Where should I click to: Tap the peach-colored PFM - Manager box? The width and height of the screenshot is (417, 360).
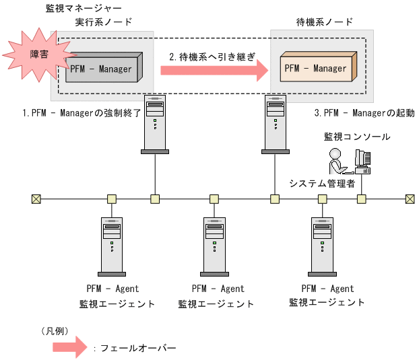pyautogui.click(x=315, y=68)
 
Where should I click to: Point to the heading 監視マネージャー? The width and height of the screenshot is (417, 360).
pyautogui.click(x=83, y=9)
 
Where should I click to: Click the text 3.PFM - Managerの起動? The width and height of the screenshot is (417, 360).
pyautogui.click(x=364, y=113)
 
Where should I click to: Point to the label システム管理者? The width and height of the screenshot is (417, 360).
pyautogui.click(x=322, y=183)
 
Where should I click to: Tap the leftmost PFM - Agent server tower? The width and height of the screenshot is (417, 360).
pyautogui.click(x=112, y=246)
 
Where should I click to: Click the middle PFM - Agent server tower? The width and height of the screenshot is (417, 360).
pyautogui.click(x=214, y=246)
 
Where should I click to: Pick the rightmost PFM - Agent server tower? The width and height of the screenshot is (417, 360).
pyautogui.click(x=322, y=246)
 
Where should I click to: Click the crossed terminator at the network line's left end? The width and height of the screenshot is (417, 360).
pyautogui.click(x=36, y=199)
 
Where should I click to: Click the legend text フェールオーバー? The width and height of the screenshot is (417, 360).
pyautogui.click(x=137, y=348)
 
